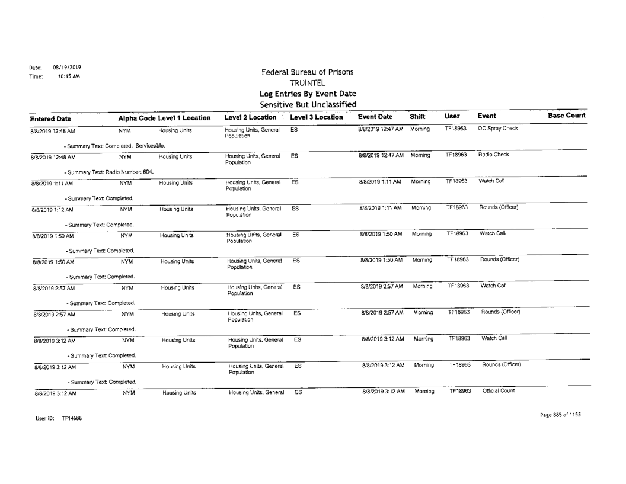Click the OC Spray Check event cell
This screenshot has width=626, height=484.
[x=497, y=127]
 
